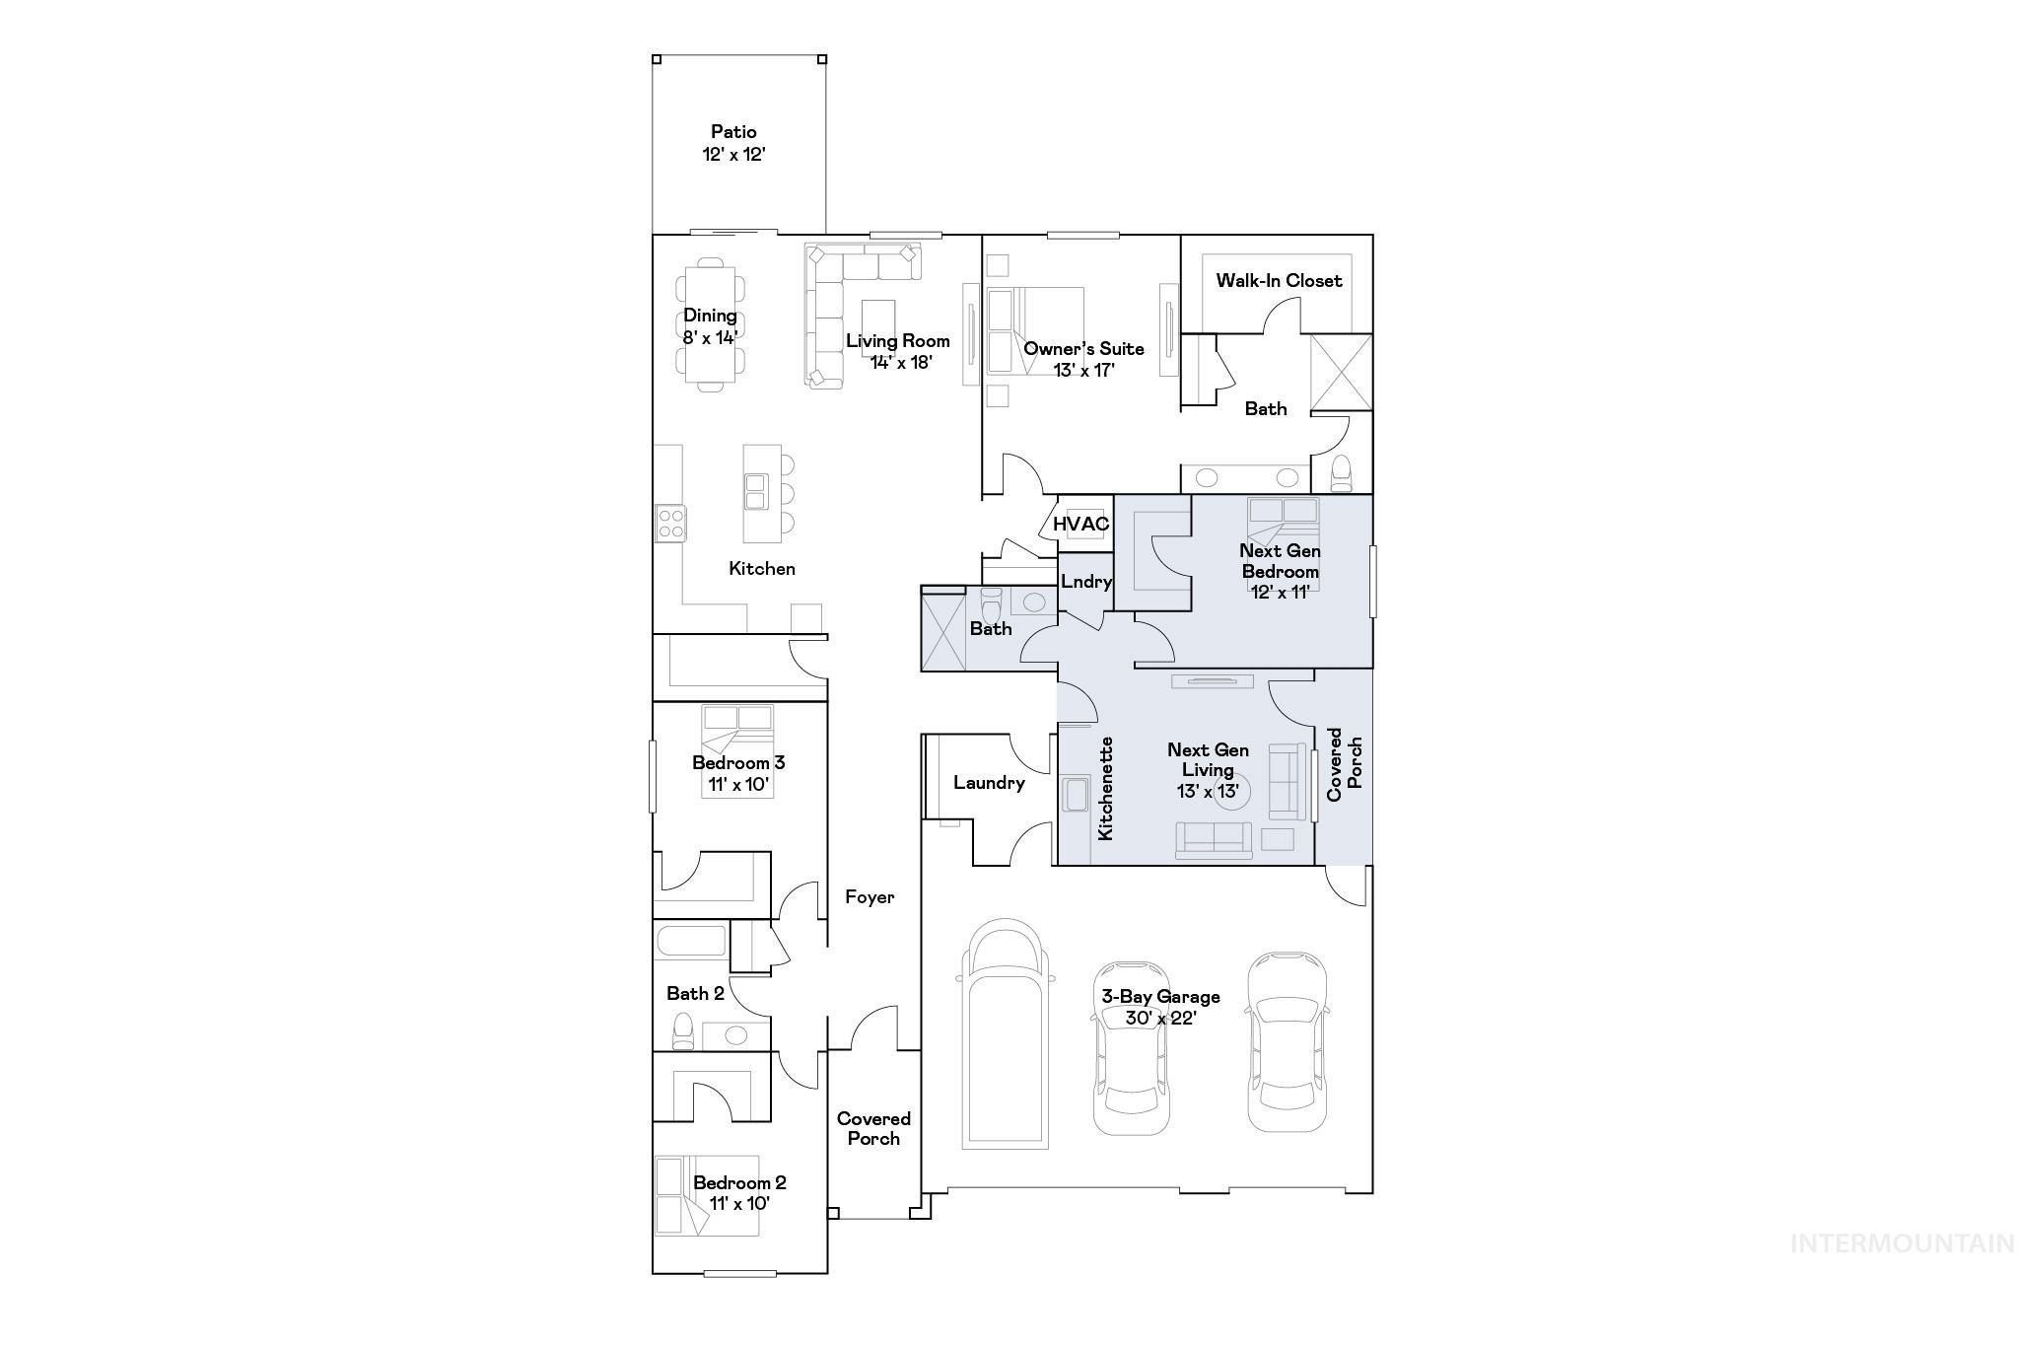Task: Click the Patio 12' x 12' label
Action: point(734,143)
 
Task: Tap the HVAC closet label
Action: point(1080,524)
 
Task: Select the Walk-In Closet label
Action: point(1279,280)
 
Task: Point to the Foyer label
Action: point(870,896)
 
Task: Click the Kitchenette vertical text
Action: point(1106,789)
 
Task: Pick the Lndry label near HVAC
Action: point(1086,582)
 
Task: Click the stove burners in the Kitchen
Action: point(670,523)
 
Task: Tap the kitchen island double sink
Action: point(756,490)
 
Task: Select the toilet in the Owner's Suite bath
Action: point(1342,473)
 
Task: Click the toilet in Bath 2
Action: point(682,1031)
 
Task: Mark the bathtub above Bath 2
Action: point(690,941)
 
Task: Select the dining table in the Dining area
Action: point(710,325)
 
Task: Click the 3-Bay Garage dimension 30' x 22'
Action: point(1160,1019)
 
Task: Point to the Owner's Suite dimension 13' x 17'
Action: point(1083,370)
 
